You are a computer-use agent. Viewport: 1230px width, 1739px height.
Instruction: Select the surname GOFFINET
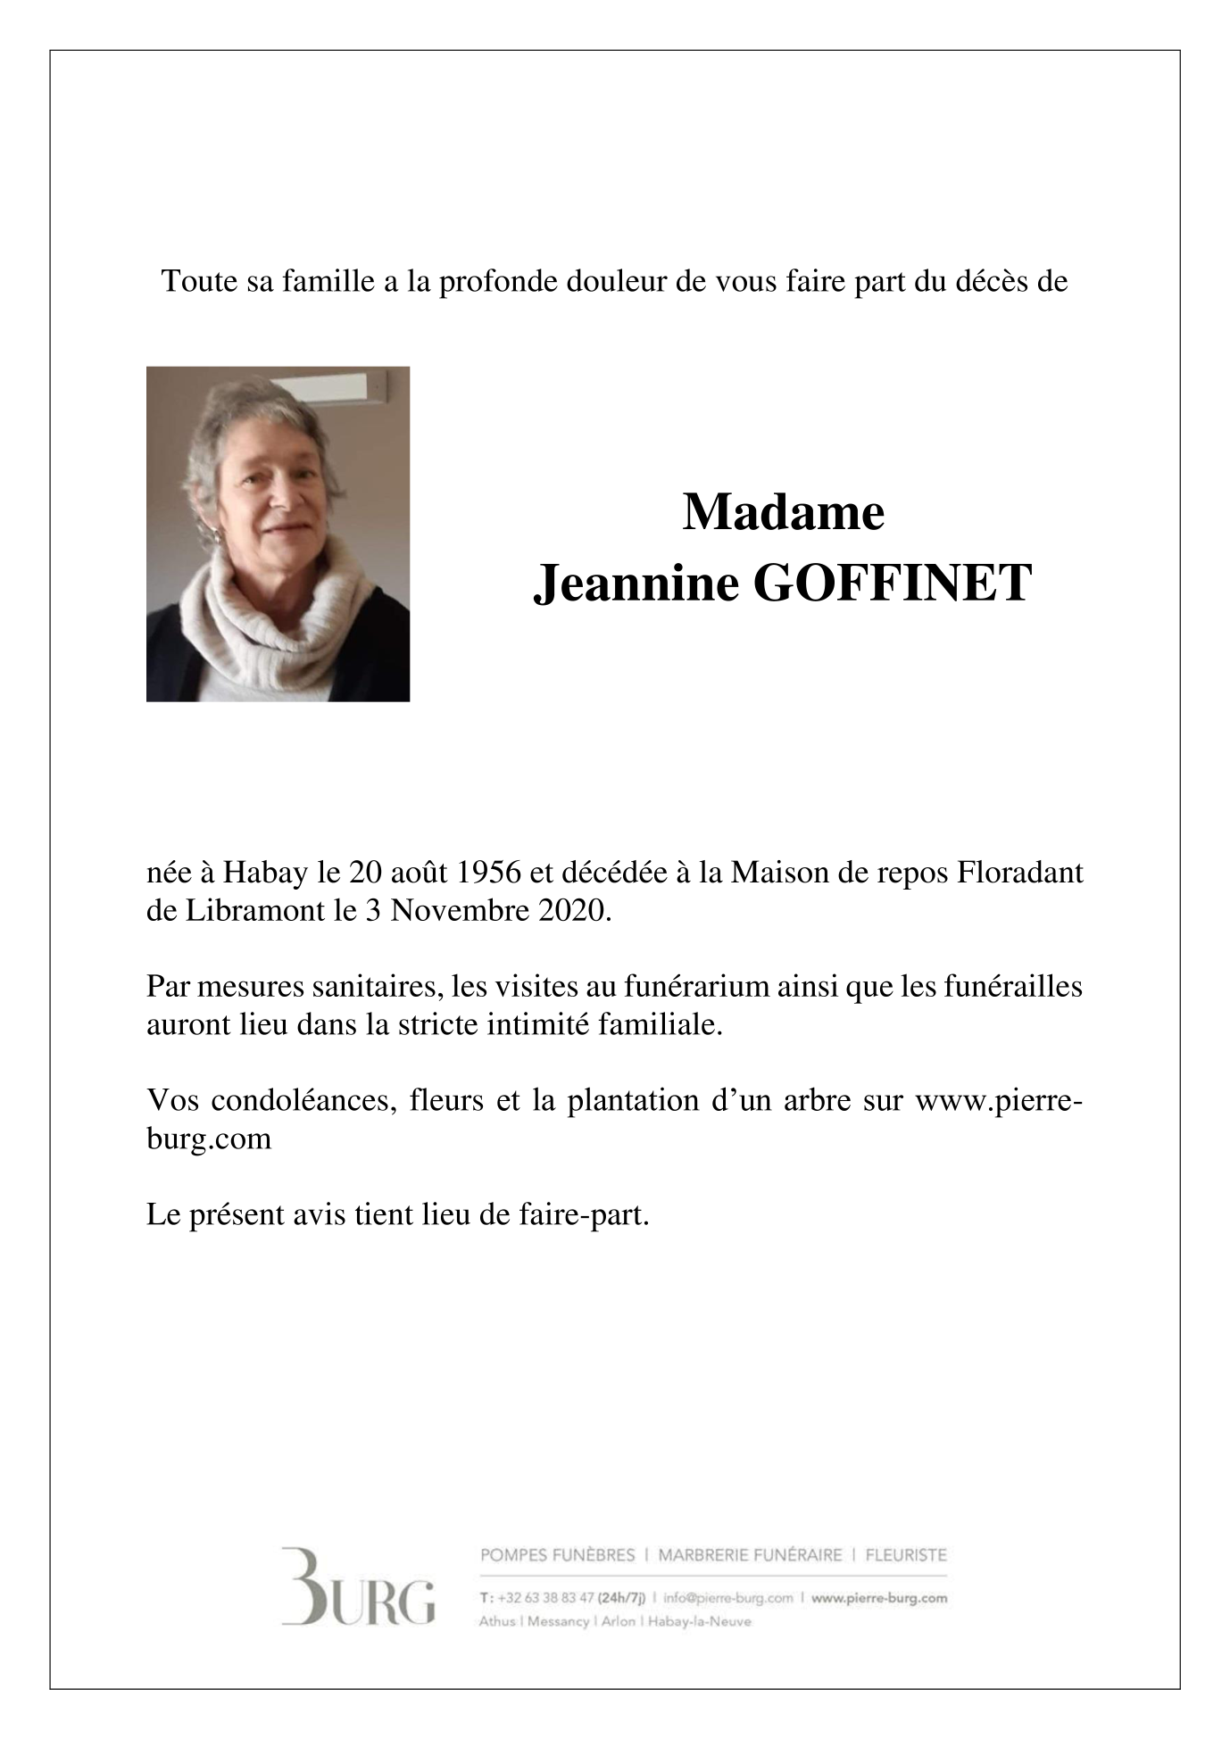[893, 584]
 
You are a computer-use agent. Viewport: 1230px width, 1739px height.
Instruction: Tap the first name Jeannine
[636, 584]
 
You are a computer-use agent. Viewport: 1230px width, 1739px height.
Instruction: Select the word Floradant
[1021, 872]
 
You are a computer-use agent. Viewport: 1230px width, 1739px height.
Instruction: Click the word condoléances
[303, 1100]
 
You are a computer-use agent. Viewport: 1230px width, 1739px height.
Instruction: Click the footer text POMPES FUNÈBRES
[557, 1556]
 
